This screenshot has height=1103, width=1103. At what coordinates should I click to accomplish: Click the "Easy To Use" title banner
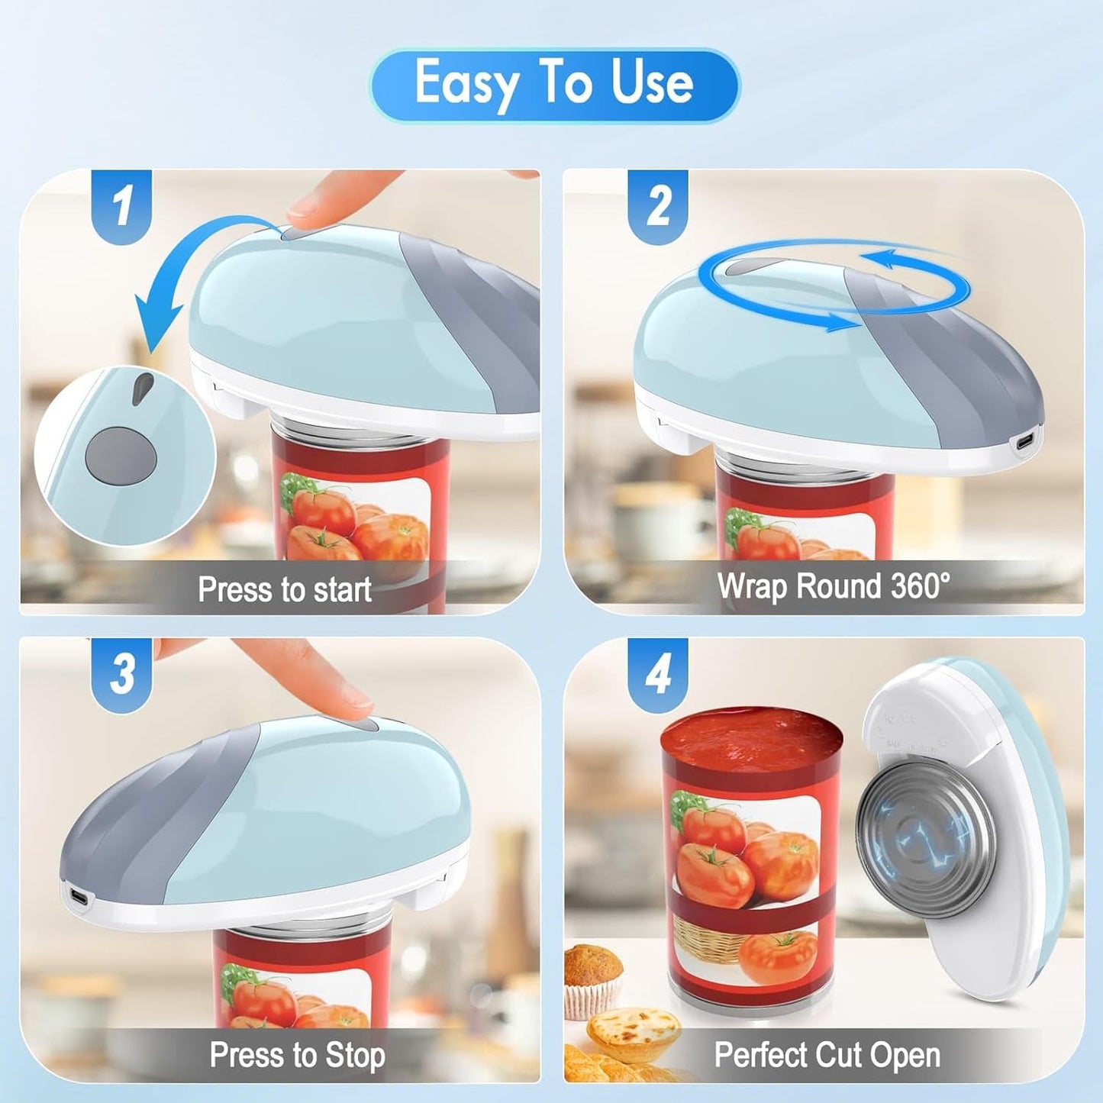[554, 84]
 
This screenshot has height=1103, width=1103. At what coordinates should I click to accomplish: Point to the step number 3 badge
[122, 673]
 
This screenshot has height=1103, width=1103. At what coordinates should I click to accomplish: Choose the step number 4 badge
[658, 673]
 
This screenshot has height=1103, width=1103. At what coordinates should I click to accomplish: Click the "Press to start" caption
[284, 589]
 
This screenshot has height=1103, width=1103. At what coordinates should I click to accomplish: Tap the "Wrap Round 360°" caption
[834, 586]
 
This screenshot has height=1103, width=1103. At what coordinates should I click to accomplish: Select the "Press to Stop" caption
[297, 1055]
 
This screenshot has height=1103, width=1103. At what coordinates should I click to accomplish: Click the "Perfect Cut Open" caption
[827, 1055]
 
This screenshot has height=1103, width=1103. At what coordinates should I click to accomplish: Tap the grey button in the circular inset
[121, 457]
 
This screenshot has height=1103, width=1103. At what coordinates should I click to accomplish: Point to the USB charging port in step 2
[1026, 441]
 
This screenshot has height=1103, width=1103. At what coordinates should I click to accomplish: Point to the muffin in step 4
[592, 977]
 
